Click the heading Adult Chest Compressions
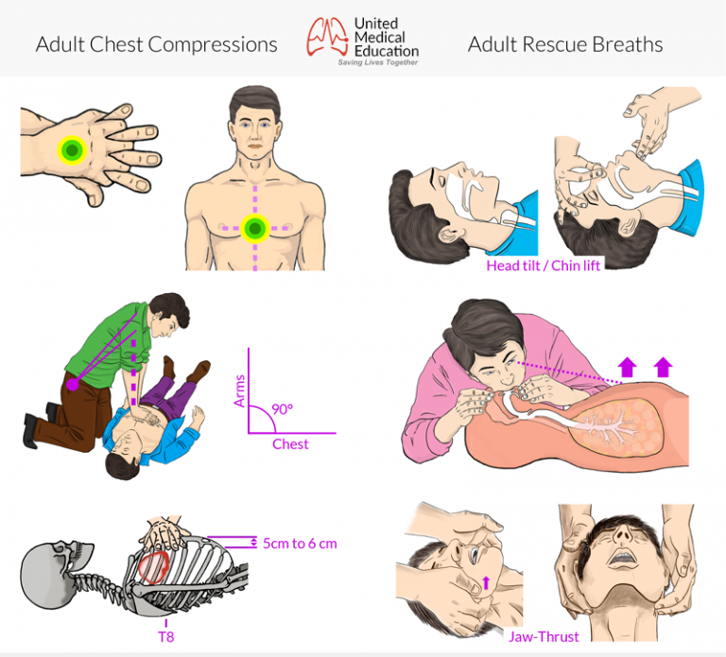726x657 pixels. tap(156, 44)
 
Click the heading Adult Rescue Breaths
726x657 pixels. tap(565, 44)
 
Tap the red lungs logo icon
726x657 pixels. tap(325, 36)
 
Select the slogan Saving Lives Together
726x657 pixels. tap(378, 62)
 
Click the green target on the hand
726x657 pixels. tap(71, 149)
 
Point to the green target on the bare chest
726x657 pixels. tap(254, 228)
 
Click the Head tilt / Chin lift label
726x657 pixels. tap(543, 266)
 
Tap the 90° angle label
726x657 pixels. tap(282, 410)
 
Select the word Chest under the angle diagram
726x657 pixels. tap(290, 444)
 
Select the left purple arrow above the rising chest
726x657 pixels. tap(625, 365)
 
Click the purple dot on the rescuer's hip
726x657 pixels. tap(71, 384)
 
